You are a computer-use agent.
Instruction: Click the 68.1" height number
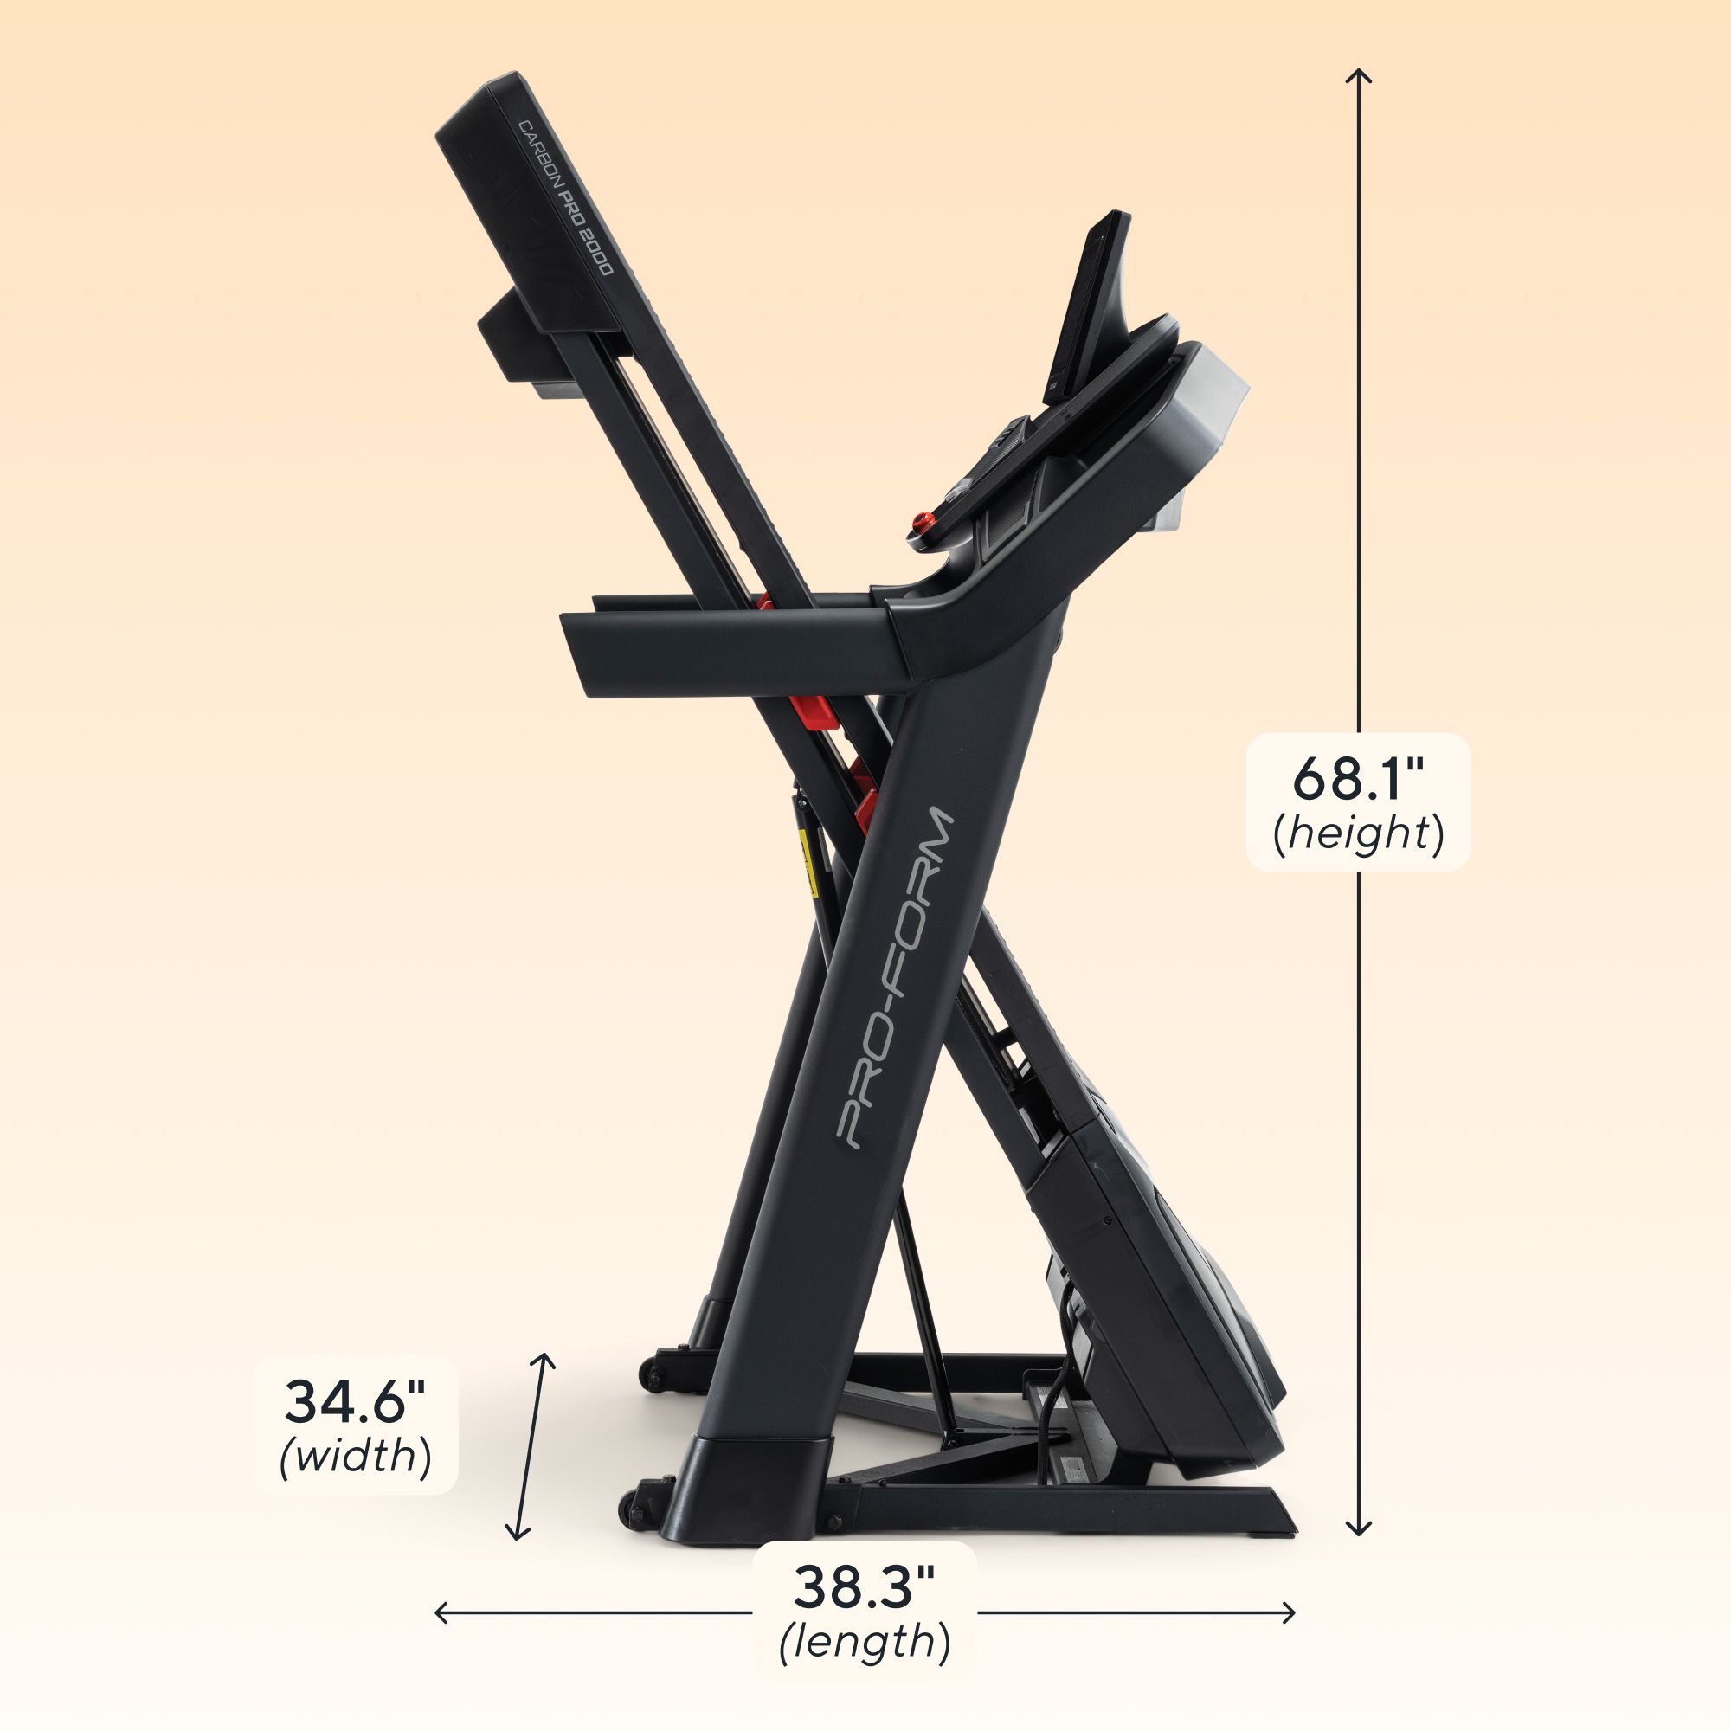[1357, 780]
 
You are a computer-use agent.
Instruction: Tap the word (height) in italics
[1357, 833]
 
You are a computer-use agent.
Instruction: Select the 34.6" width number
[355, 1401]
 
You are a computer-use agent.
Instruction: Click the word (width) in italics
[355, 1455]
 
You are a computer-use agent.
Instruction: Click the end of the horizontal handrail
[574, 650]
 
